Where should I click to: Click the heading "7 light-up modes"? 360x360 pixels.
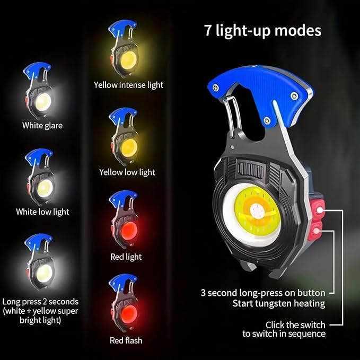(262, 30)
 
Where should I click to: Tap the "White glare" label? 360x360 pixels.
(42, 126)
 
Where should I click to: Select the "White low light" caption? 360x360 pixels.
(42, 212)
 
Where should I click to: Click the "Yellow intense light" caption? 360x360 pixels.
(129, 84)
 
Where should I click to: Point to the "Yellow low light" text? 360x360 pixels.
(127, 172)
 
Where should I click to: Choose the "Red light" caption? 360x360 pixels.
(126, 257)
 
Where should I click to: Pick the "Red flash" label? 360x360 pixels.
(126, 340)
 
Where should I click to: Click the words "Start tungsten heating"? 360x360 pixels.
(278, 303)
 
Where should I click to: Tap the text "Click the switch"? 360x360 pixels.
(296, 324)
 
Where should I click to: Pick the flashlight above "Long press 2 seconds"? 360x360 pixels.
(40, 263)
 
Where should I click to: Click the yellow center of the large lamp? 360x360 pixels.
(255, 212)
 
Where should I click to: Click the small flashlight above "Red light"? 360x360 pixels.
(124, 220)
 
